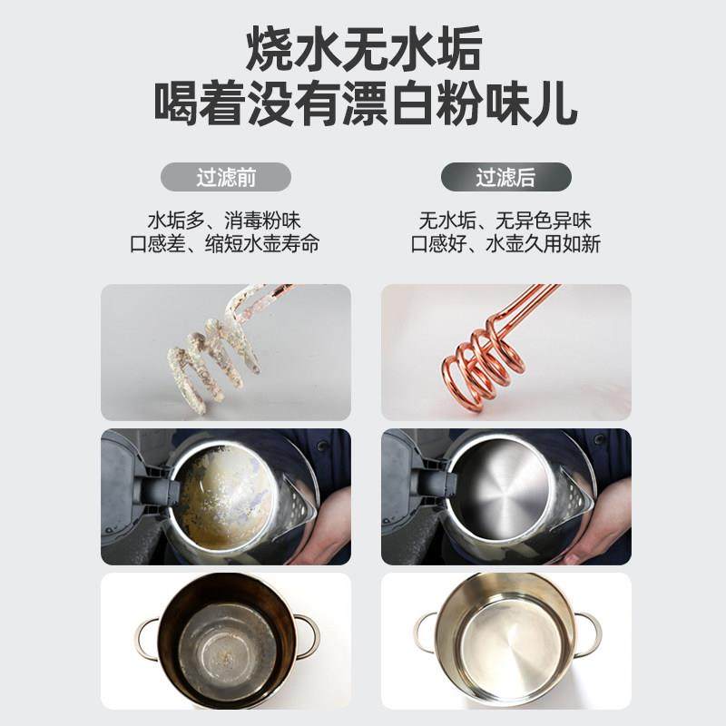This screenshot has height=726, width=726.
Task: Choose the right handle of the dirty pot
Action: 307,635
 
